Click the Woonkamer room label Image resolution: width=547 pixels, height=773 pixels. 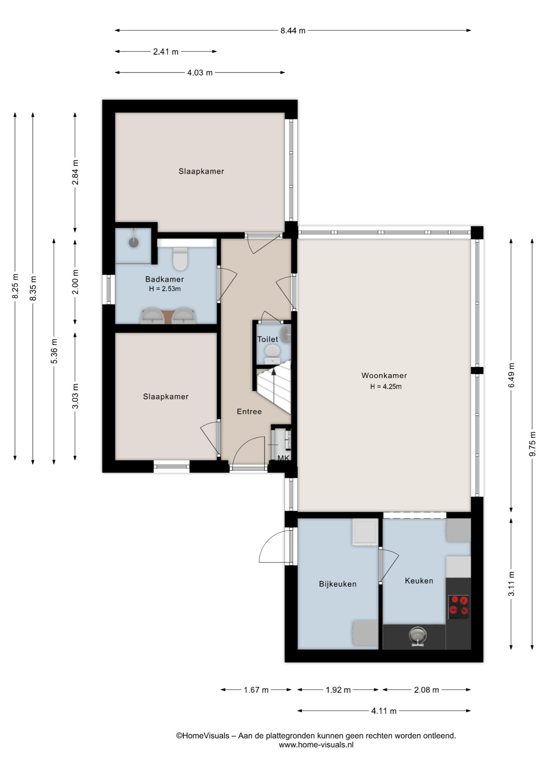[384, 376]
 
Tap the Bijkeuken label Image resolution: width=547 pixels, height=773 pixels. [338, 584]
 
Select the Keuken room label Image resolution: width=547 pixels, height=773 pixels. [419, 581]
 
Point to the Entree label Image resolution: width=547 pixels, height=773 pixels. [249, 411]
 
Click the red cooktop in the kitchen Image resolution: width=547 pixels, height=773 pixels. [459, 607]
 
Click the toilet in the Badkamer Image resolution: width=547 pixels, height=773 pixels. [180, 259]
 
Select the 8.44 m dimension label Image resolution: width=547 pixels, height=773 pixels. [293, 31]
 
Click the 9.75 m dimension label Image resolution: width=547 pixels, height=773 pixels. [532, 444]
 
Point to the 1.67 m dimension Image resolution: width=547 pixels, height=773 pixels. [256, 690]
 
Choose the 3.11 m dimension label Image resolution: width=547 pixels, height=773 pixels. [511, 584]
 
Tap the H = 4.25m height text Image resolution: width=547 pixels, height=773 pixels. [386, 386]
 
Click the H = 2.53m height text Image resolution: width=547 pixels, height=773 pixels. [165, 289]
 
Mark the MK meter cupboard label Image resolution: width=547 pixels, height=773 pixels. [284, 458]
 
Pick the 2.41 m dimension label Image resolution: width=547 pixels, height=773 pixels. [166, 52]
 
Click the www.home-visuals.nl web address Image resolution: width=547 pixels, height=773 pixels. [316, 744]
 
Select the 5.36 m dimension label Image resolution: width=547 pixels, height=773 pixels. [54, 351]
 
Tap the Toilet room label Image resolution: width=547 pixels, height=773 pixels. [267, 339]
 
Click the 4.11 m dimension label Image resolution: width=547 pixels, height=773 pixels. [384, 711]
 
